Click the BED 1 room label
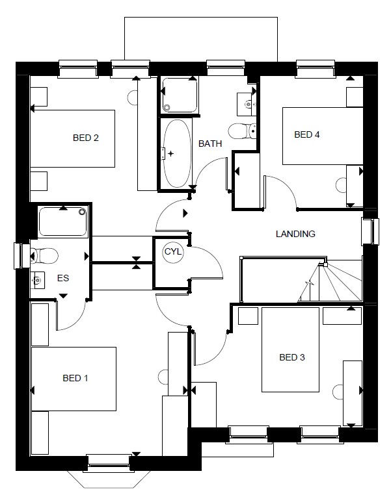pyautogui.click(x=75, y=378)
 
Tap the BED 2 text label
pyautogui.click(x=86, y=138)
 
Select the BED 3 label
pyautogui.click(x=292, y=357)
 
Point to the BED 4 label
pyautogui.click(x=307, y=134)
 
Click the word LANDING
pyautogui.click(x=295, y=234)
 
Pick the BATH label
pyautogui.click(x=210, y=144)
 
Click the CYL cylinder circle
pyautogui.click(x=173, y=251)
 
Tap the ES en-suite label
pyautogui.click(x=63, y=278)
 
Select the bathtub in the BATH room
pyautogui.click(x=177, y=153)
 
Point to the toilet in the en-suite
pyautogui.click(x=44, y=256)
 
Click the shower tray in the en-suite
pyautogui.click(x=63, y=221)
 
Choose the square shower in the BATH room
pyautogui.click(x=180, y=95)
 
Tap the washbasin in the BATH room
pyautogui.click(x=247, y=104)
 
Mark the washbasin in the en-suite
pyautogui.click(x=38, y=280)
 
